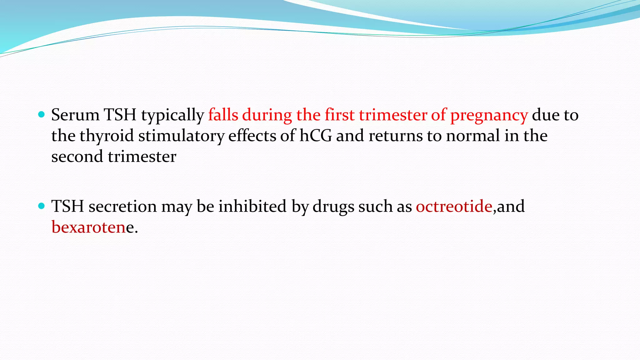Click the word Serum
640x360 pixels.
pyautogui.click(x=75, y=115)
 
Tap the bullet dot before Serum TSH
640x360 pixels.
pyautogui.click(x=41, y=114)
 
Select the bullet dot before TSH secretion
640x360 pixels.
pyautogui.click(x=41, y=206)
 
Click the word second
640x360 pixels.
pyautogui.click(x=77, y=156)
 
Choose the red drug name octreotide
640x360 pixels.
pyautogui.click(x=454, y=206)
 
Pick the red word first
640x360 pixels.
pyautogui.click(x=339, y=114)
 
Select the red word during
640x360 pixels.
pyautogui.click(x=267, y=115)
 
